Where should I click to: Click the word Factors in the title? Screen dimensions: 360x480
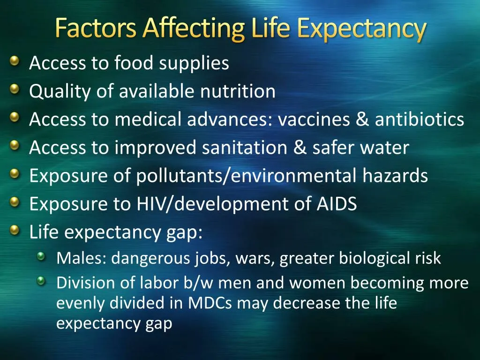[x=96, y=29]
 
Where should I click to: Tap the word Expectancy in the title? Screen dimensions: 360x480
[x=361, y=29]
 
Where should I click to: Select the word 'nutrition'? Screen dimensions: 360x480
[x=238, y=91]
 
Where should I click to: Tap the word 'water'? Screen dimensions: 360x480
[x=387, y=148]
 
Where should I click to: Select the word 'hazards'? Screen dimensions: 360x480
[x=395, y=176]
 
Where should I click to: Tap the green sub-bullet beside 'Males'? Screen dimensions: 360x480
[x=42, y=256]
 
